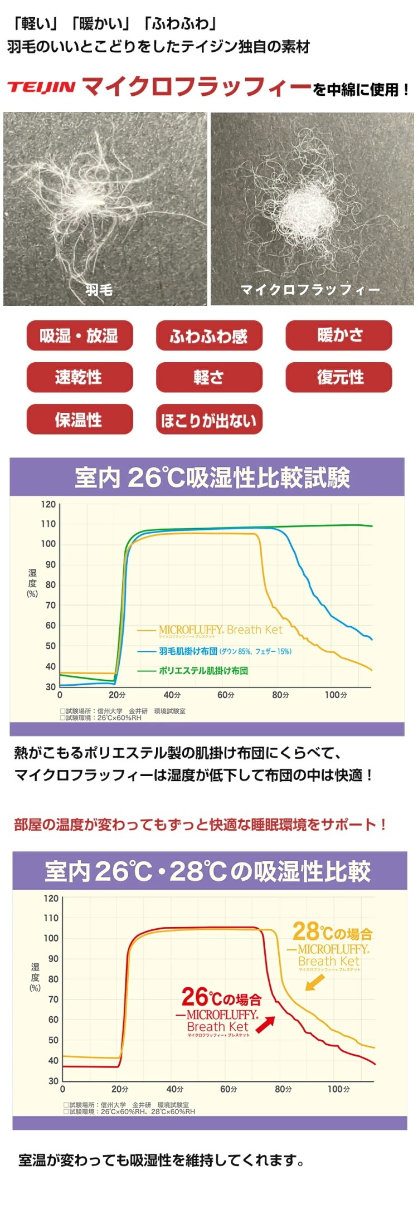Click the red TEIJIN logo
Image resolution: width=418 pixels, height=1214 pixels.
click(x=41, y=87)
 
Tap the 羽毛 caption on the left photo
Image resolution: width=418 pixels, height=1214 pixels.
click(x=99, y=289)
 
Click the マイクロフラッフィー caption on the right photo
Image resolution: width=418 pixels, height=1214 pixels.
click(x=310, y=290)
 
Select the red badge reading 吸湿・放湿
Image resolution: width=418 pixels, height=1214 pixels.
click(x=79, y=335)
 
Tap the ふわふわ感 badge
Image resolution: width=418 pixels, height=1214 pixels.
click(x=208, y=335)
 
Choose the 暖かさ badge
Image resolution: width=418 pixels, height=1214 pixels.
click(x=339, y=335)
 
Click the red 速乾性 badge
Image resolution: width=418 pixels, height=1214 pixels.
click(x=79, y=377)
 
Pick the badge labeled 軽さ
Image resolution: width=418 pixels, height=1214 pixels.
click(x=208, y=377)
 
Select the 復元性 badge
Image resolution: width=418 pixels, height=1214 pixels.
click(x=339, y=377)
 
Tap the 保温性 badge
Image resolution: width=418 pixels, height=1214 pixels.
click(x=79, y=420)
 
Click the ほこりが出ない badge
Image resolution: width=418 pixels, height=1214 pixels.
click(x=208, y=420)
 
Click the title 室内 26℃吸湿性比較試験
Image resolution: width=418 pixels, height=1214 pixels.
click(x=212, y=477)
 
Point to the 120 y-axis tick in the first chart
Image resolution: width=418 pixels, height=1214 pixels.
click(x=48, y=504)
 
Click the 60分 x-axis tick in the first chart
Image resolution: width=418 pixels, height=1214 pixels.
click(x=226, y=695)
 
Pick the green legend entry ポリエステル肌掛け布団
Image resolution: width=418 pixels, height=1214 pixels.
click(x=203, y=670)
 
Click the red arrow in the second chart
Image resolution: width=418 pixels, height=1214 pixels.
click(x=265, y=1023)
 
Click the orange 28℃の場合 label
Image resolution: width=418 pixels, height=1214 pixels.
click(x=332, y=932)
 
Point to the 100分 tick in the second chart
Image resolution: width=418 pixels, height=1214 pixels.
click(x=338, y=1089)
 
